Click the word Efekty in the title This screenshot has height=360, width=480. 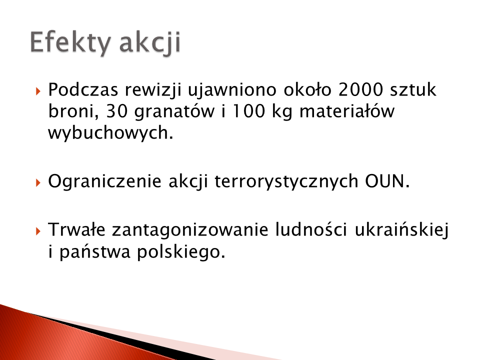(x=70, y=43)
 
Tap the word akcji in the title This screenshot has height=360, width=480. (x=150, y=43)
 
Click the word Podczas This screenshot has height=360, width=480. (x=83, y=89)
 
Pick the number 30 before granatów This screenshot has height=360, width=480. (x=116, y=111)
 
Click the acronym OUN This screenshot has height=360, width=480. (x=387, y=181)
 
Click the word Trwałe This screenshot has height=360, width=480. (x=76, y=229)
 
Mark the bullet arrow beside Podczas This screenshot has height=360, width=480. (x=38, y=91)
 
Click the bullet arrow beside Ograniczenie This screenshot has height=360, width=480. (x=38, y=183)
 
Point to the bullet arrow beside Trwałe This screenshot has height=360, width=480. (x=38, y=231)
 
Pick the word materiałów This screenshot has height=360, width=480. (x=347, y=111)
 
